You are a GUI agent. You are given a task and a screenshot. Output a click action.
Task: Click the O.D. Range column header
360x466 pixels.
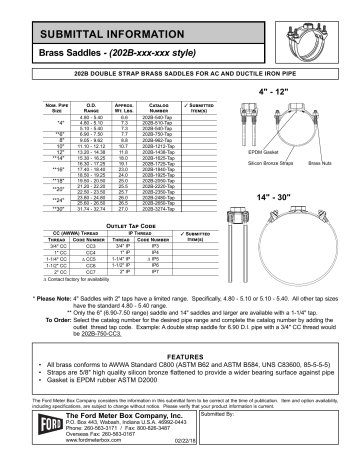click(117, 106)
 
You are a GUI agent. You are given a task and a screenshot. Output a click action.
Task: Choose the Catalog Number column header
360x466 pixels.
click(186, 106)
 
